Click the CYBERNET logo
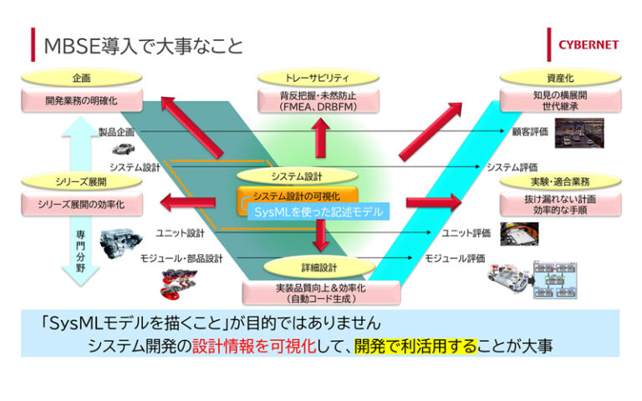(x=583, y=44)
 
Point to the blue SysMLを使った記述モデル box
(x=320, y=212)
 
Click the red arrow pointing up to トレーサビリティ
(x=318, y=136)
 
